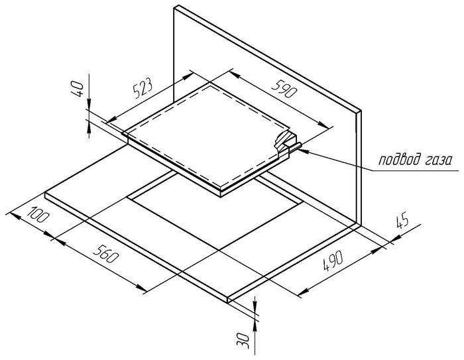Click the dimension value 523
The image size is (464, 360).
pos(143,88)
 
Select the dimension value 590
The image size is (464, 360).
pos(284,89)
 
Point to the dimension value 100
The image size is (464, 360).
pos(38,213)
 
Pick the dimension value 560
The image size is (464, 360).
pos(106,254)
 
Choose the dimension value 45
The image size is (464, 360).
pos(402,221)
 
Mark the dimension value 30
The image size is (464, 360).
pos(243,340)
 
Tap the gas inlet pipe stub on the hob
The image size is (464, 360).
pos(296,147)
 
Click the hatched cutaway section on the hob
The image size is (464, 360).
pos(284,141)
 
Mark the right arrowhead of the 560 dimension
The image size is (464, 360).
pos(141,287)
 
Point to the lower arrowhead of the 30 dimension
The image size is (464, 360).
pos(255,326)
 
